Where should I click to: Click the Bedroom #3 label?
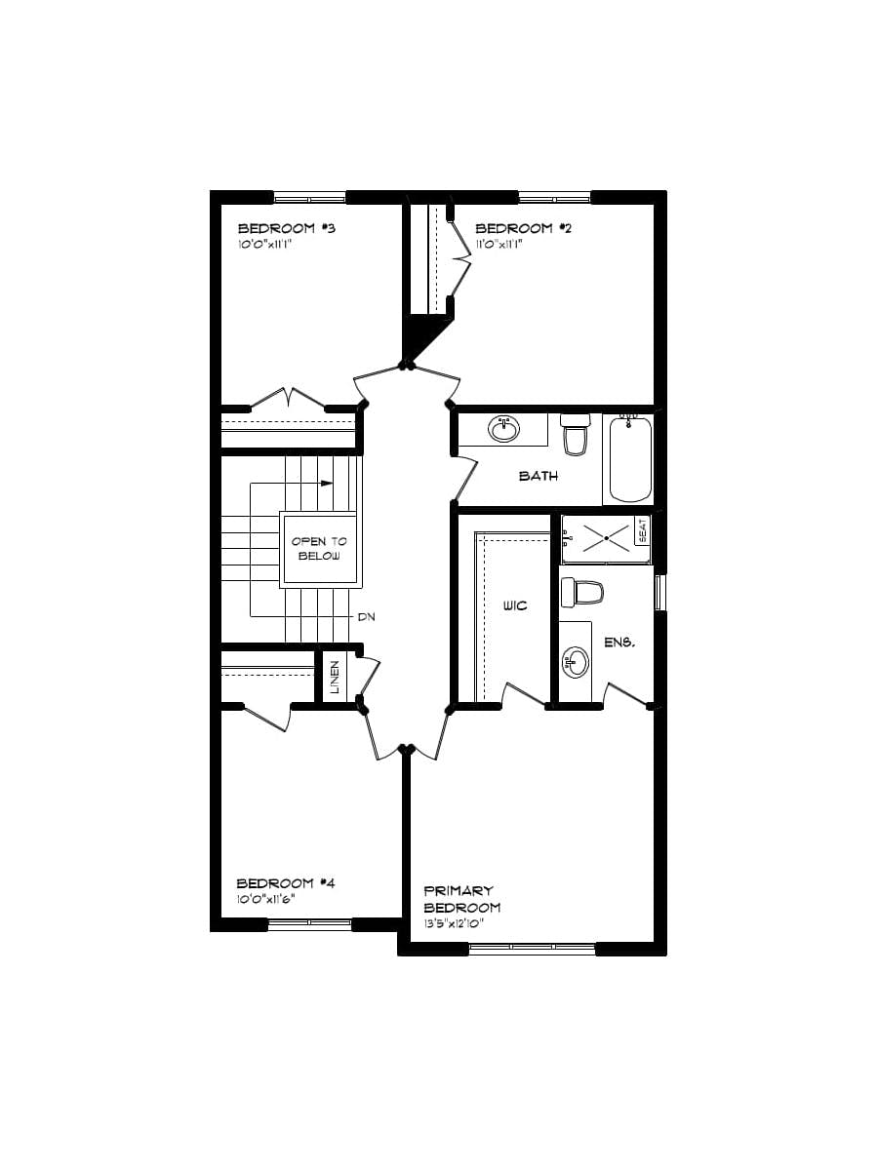(287, 228)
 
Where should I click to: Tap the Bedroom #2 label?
(523, 228)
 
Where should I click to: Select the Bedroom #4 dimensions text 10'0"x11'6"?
(266, 899)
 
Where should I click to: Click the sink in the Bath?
(504, 428)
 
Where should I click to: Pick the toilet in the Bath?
(576, 436)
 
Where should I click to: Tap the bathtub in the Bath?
(629, 457)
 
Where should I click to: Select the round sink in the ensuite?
(575, 663)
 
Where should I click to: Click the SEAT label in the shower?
(642, 531)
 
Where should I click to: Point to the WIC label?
(515, 605)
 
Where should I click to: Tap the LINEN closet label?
(334, 677)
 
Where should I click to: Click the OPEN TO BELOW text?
(319, 548)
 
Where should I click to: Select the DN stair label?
(366, 617)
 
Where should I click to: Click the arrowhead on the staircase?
(328, 483)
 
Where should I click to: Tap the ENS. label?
(620, 643)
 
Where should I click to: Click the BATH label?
(538, 476)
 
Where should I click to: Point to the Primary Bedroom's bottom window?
(532, 946)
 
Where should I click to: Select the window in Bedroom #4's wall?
(309, 922)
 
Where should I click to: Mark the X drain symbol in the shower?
(605, 536)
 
